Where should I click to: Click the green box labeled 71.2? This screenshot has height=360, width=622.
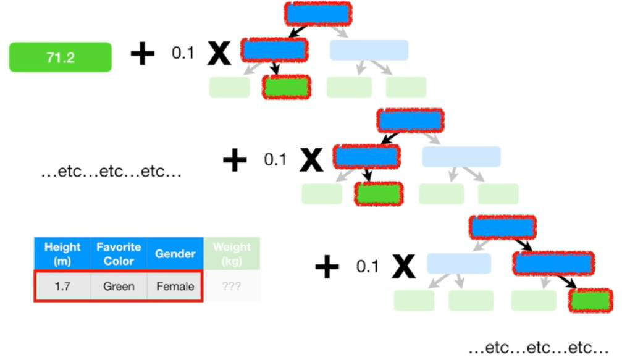tap(60, 57)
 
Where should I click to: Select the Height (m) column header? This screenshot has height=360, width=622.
tap(62, 253)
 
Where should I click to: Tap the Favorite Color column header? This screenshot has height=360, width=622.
tap(119, 253)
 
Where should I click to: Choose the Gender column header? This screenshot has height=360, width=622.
tap(175, 253)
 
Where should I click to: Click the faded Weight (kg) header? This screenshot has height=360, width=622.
tap(232, 253)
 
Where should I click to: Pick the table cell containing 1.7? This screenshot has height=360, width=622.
tap(62, 287)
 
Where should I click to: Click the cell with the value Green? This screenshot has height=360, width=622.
tap(119, 287)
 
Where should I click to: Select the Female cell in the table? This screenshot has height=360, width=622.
tap(175, 287)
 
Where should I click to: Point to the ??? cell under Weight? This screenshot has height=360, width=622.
tap(232, 287)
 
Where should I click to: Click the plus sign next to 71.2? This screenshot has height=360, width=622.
tap(142, 54)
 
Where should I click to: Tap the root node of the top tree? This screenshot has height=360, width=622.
tap(318, 13)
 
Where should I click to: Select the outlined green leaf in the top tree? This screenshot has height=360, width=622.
tap(286, 87)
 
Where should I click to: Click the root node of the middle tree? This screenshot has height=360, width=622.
tap(411, 120)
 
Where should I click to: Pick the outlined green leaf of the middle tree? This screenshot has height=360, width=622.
tap(379, 194)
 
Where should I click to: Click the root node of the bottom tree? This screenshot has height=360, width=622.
tap(502, 227)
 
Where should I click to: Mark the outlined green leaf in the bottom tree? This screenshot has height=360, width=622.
tap(590, 300)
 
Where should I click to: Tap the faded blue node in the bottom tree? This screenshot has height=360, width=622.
tap(459, 264)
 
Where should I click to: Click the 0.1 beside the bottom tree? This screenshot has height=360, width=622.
tap(367, 267)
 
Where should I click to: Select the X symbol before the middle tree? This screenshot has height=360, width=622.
tap(311, 160)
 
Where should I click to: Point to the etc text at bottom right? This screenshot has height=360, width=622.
tap(537, 347)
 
